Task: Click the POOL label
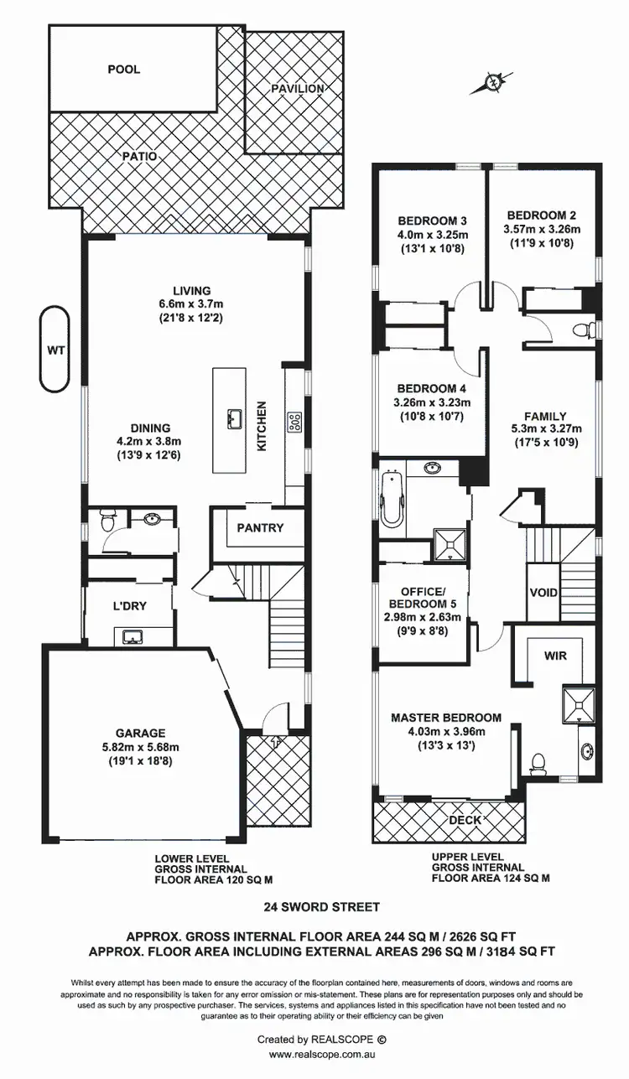pyautogui.click(x=123, y=70)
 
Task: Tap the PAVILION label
pyautogui.click(x=297, y=88)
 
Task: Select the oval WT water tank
pyautogui.click(x=55, y=349)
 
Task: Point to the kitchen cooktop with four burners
pyautogui.click(x=295, y=421)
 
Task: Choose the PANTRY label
pyautogui.click(x=259, y=528)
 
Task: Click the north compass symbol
pyautogui.click(x=496, y=82)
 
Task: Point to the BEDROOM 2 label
pyautogui.click(x=541, y=215)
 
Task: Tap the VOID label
pyautogui.click(x=543, y=593)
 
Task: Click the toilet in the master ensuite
pyautogui.click(x=539, y=762)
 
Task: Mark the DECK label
pyautogui.click(x=466, y=819)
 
